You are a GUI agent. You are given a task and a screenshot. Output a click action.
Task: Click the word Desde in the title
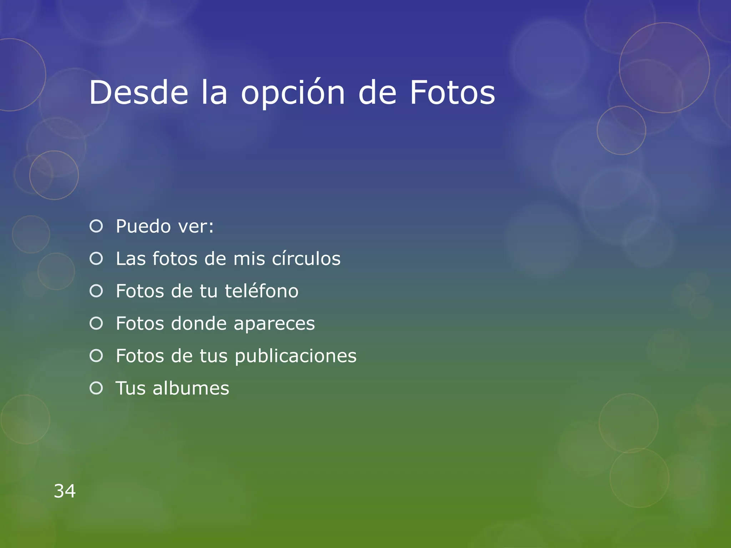click(x=138, y=93)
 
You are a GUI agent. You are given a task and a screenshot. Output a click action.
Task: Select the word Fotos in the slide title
click(x=452, y=93)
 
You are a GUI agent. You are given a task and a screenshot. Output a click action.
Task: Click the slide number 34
click(x=65, y=491)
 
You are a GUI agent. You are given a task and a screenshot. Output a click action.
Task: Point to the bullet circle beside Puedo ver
click(x=96, y=226)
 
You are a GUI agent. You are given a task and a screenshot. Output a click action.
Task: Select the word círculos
click(x=306, y=259)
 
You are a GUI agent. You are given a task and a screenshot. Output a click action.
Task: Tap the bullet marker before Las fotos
click(x=96, y=259)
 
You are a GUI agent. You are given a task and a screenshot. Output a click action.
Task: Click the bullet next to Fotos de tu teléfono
click(x=96, y=291)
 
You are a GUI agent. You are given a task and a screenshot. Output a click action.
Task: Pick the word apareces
click(x=274, y=324)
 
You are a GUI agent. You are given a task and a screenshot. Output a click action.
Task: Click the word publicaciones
click(x=296, y=356)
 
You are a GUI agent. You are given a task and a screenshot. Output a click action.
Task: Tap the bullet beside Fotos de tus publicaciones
click(x=96, y=356)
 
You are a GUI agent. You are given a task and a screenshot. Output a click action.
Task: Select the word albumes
click(x=191, y=388)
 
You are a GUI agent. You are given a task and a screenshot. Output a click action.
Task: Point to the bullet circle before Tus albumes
click(x=96, y=388)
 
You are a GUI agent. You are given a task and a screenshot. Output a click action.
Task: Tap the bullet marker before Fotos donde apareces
click(x=96, y=324)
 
